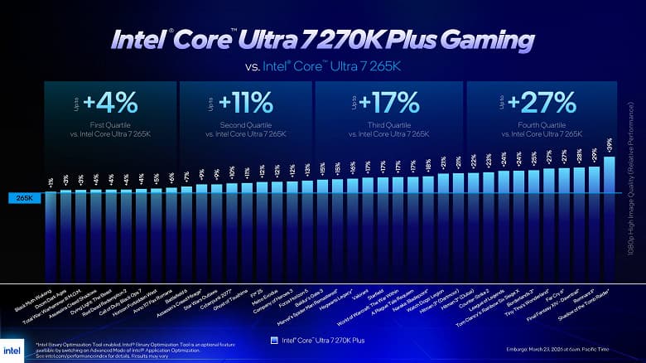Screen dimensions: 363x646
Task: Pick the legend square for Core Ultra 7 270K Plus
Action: (275, 340)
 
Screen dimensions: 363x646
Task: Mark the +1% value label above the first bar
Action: (51, 181)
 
